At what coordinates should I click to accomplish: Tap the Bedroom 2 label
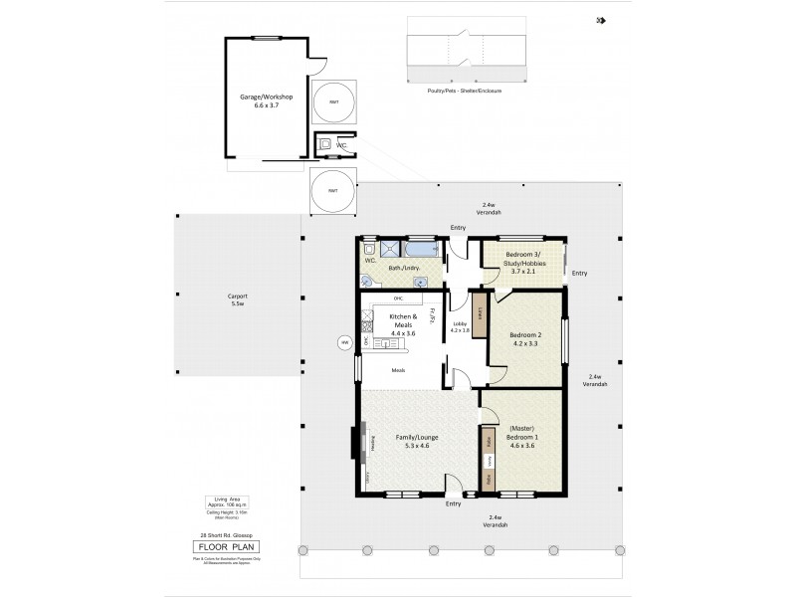click(523, 339)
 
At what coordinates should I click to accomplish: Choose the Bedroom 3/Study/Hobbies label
click(522, 265)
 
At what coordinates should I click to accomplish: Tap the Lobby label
click(461, 325)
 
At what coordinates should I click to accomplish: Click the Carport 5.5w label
click(237, 300)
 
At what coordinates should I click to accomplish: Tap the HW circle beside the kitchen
click(345, 343)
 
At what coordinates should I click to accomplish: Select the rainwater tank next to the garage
click(333, 101)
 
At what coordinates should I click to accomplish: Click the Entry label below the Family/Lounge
click(454, 503)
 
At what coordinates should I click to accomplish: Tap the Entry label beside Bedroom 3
click(580, 273)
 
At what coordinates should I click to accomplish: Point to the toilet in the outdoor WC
click(325, 144)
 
